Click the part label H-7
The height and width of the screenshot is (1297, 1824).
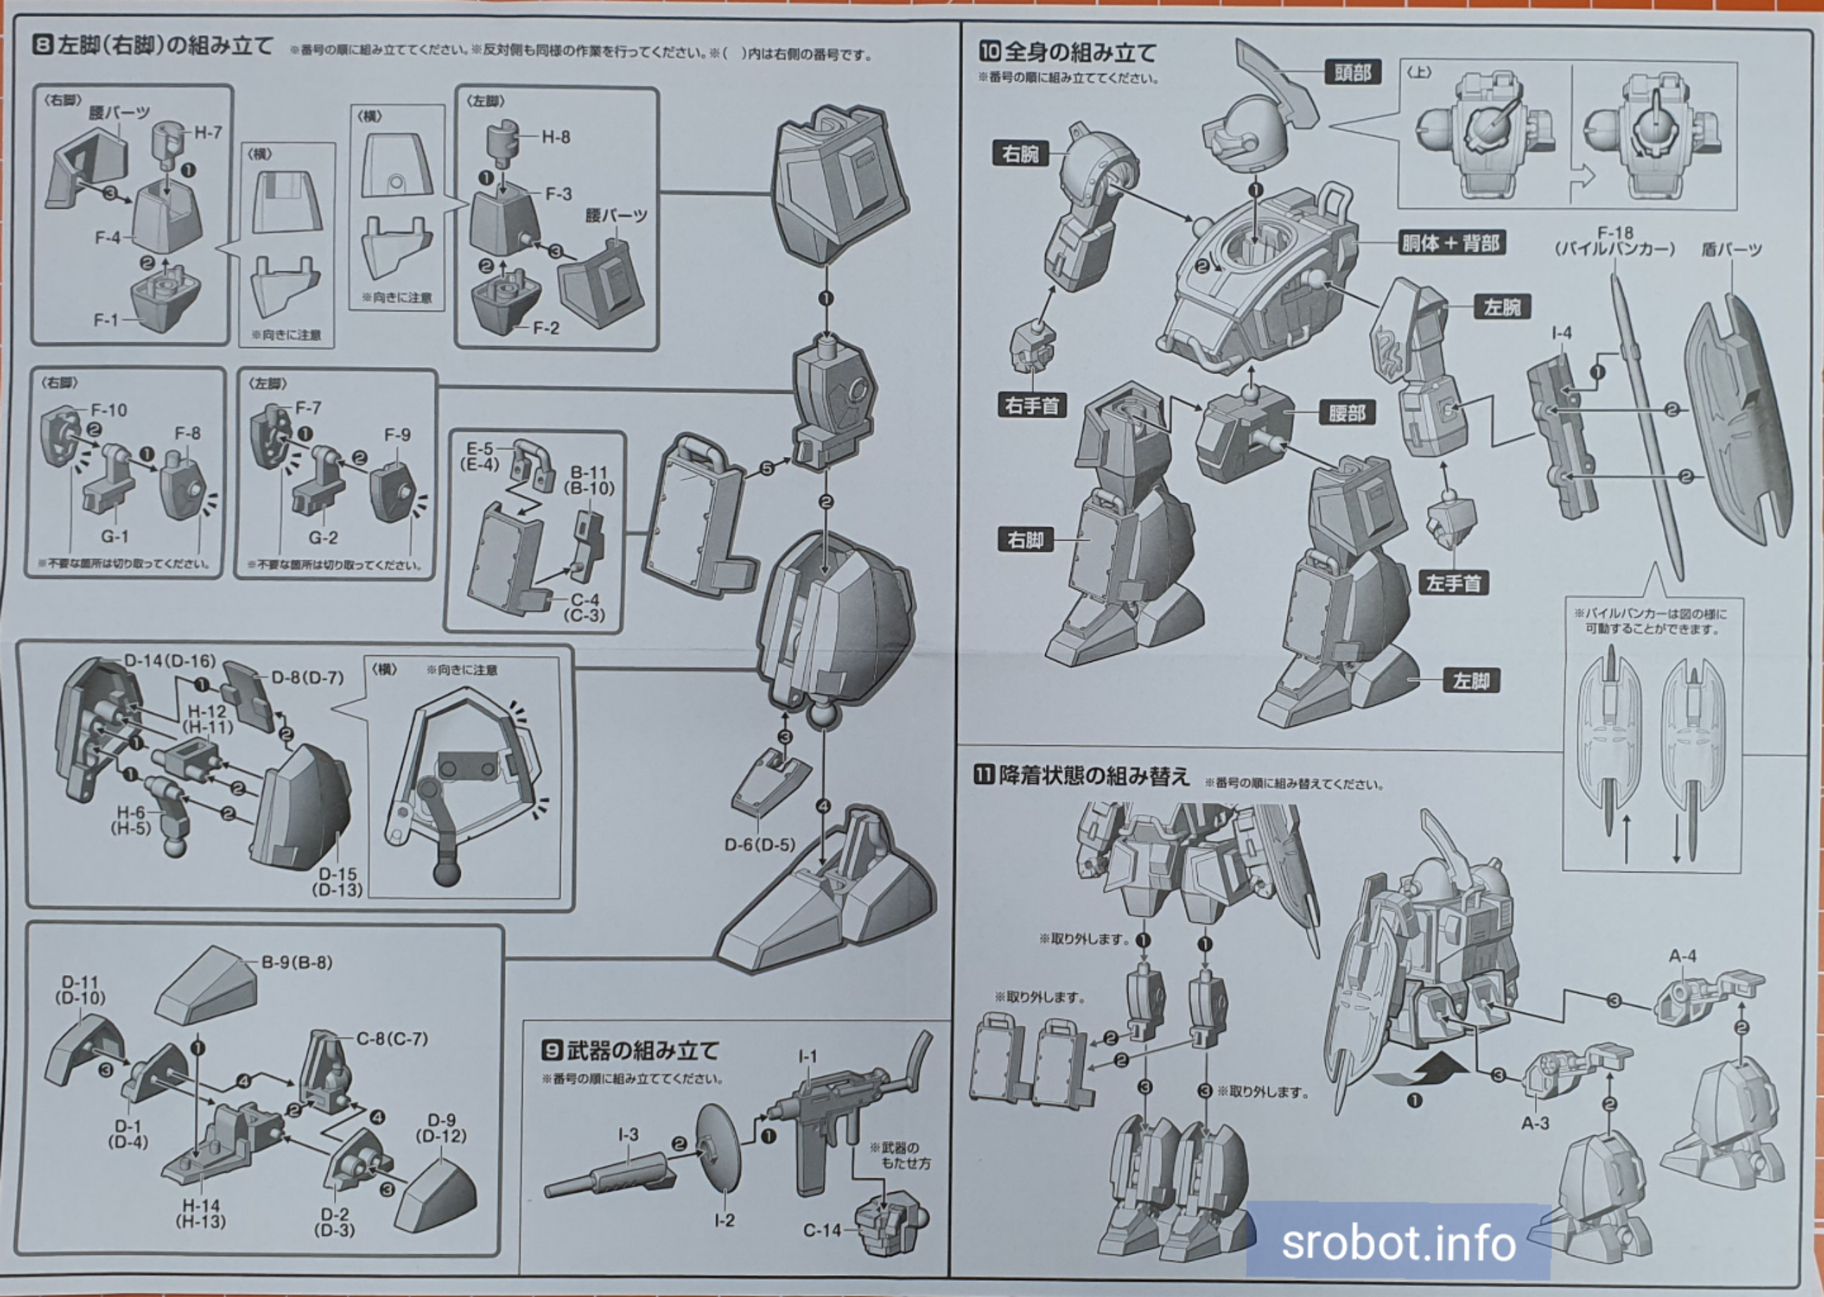click(x=208, y=133)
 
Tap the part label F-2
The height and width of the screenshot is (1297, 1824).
click(x=546, y=328)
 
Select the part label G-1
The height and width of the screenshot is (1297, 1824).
click(x=114, y=536)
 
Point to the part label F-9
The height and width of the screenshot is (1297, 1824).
click(x=397, y=435)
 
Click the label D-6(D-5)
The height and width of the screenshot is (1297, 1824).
click(x=759, y=845)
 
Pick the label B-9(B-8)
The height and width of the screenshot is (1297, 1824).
click(x=296, y=962)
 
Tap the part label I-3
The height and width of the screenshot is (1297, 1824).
click(x=628, y=1135)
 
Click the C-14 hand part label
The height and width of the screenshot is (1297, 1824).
click(x=822, y=1231)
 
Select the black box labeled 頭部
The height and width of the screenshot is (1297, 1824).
click(x=1352, y=72)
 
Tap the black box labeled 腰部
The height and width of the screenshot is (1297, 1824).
click(x=1346, y=413)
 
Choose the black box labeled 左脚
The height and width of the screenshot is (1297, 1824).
click(x=1471, y=681)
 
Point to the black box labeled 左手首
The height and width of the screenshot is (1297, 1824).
click(x=1453, y=583)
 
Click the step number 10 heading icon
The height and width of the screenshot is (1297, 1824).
click(x=989, y=52)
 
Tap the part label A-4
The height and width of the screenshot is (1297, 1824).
click(x=1682, y=956)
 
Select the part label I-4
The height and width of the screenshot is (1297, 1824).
click(x=1561, y=333)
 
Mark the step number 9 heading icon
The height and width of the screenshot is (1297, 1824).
click(x=552, y=1050)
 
